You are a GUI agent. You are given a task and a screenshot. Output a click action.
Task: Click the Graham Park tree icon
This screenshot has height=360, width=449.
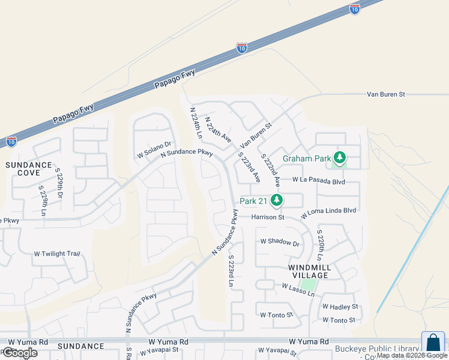[340, 158]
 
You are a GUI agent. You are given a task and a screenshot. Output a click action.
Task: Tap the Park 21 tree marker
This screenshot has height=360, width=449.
[277, 200]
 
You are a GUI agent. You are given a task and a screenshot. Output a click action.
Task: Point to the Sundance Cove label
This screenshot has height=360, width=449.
[29, 169]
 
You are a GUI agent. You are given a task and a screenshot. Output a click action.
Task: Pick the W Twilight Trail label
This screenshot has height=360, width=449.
[57, 254]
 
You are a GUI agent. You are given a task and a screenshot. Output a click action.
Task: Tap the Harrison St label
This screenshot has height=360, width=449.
[267, 217]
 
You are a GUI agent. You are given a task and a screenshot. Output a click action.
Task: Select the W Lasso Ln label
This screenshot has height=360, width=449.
[298, 290]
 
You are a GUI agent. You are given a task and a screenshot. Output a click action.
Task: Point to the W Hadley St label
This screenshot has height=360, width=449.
[340, 306]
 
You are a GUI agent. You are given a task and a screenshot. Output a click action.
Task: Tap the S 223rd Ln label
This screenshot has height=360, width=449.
[231, 270]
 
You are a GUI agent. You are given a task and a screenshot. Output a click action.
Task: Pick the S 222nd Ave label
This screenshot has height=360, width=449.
[271, 168]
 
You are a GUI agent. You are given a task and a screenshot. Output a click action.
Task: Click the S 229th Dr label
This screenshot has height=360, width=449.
[59, 184]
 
